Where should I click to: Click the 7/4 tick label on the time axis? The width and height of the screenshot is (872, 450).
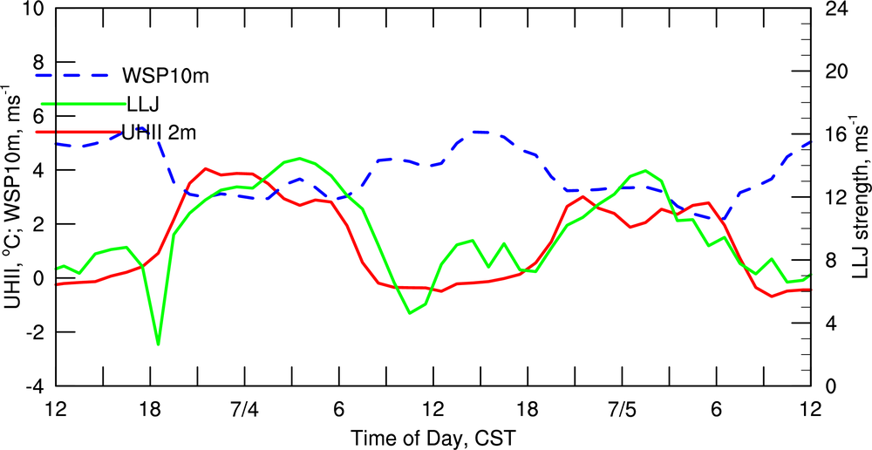coord(243,409)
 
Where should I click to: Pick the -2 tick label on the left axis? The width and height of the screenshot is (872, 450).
coord(33,332)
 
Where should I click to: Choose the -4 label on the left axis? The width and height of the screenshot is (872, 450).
coord(33,386)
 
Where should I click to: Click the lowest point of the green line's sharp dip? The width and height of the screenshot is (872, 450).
coord(158,344)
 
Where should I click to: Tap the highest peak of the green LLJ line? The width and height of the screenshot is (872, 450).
coord(300,158)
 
